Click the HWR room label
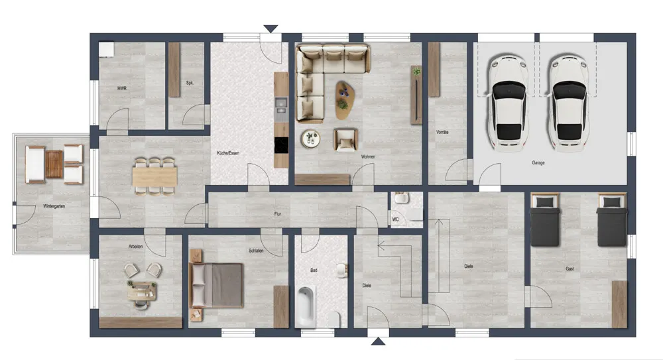122,88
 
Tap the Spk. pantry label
190,83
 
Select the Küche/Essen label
228,152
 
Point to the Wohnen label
368,156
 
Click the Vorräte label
442,132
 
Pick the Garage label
538,162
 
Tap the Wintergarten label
54,206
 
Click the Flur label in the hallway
277,213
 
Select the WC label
395,219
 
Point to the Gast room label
570,269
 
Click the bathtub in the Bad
305,307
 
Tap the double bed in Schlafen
217,285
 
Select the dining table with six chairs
154,176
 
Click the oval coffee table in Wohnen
345,100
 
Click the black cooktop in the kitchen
281,145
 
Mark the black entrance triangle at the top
271,29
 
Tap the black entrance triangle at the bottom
378,341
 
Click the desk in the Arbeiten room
142,290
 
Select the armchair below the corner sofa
345,140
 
